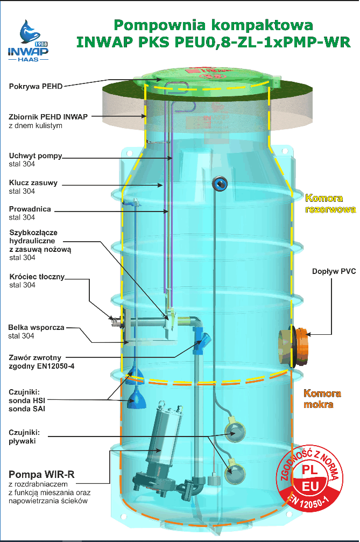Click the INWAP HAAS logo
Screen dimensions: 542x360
coord(28,41)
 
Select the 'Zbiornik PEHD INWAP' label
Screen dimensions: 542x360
coord(48,116)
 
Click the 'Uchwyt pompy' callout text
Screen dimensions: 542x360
coord(36,156)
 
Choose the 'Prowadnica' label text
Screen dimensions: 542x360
coord(30,209)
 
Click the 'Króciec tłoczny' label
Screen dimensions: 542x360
coord(37,277)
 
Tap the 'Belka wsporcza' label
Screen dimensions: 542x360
coord(36,327)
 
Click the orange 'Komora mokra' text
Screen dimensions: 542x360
coord(322,398)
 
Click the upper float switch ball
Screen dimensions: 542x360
coord(235,430)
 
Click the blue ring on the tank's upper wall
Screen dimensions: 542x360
coord(219,184)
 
